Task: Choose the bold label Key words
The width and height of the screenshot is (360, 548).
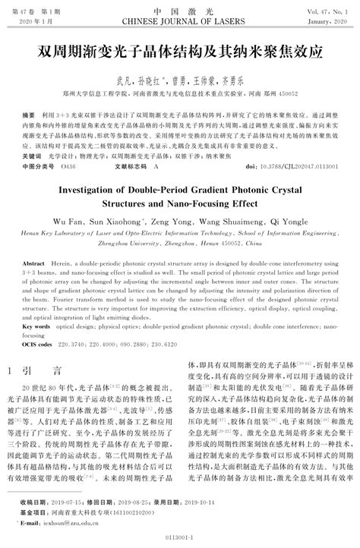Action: coord(35,326)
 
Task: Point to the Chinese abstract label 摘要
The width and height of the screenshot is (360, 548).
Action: coord(29,109)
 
